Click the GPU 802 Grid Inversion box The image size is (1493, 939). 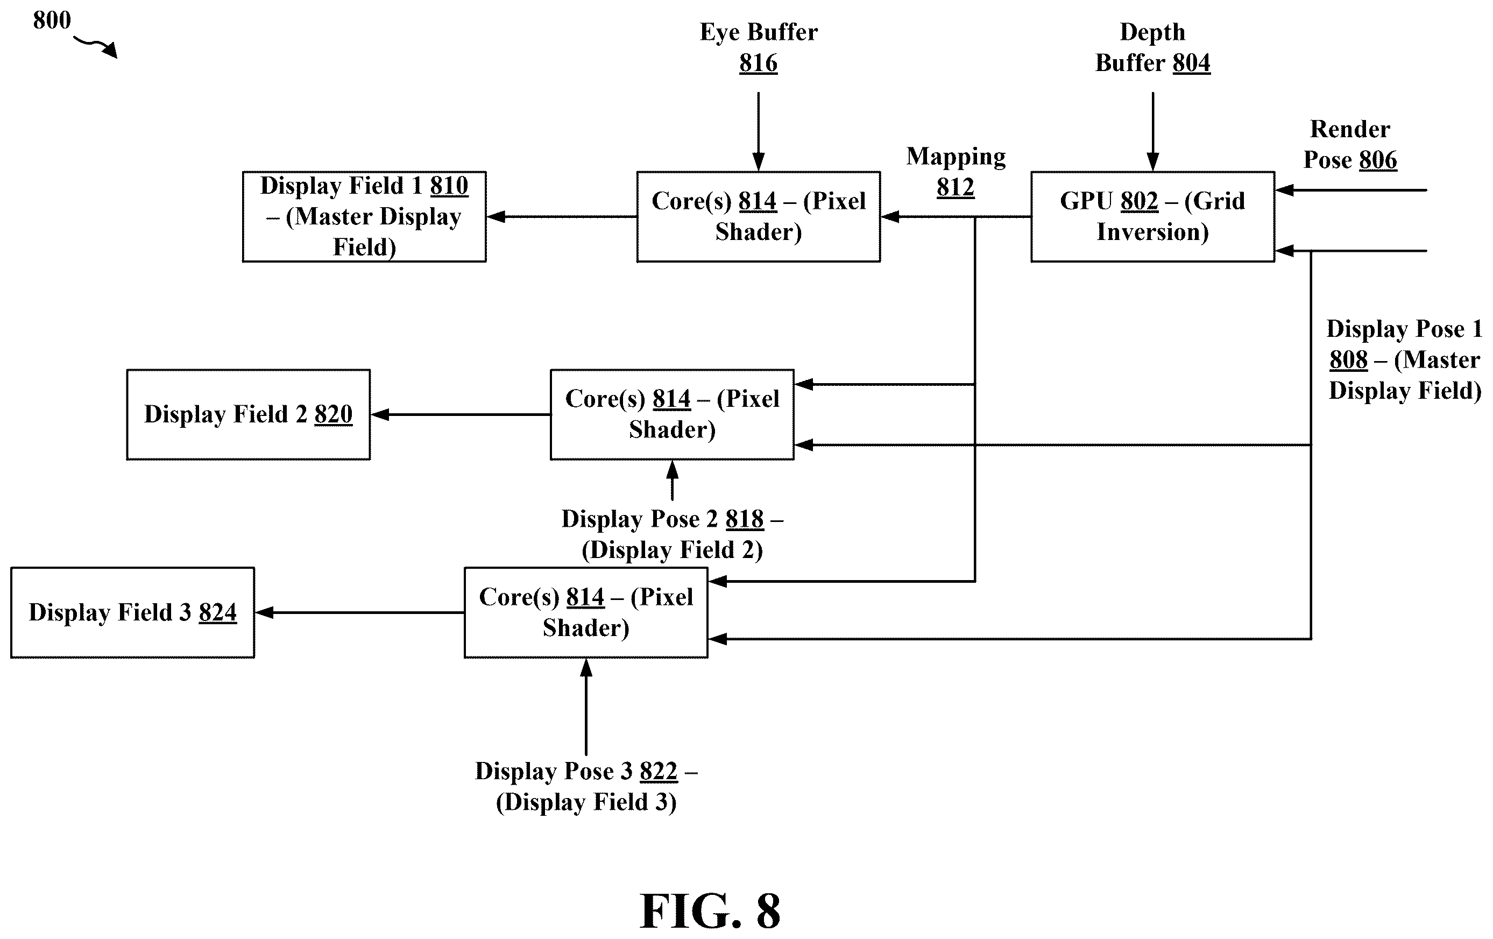[x=1152, y=216]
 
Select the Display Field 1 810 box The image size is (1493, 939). [x=364, y=216]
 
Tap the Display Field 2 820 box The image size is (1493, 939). [x=248, y=414]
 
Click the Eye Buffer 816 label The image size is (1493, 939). [x=758, y=47]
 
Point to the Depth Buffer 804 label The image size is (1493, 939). [x=1152, y=47]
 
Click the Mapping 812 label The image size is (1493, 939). [x=956, y=172]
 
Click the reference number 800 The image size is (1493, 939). [x=52, y=20]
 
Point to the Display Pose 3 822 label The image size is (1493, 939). [x=586, y=786]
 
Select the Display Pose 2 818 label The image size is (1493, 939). [x=672, y=534]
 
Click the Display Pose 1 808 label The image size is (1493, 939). [x=1404, y=359]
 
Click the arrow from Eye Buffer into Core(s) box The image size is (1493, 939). [x=758, y=131]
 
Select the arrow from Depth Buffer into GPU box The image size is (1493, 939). [x=1152, y=131]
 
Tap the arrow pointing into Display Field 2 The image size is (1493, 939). [x=461, y=414]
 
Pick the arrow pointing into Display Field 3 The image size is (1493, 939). [x=359, y=613]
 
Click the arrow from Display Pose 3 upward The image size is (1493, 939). [x=586, y=707]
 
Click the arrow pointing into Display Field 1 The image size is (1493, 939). [x=562, y=216]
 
